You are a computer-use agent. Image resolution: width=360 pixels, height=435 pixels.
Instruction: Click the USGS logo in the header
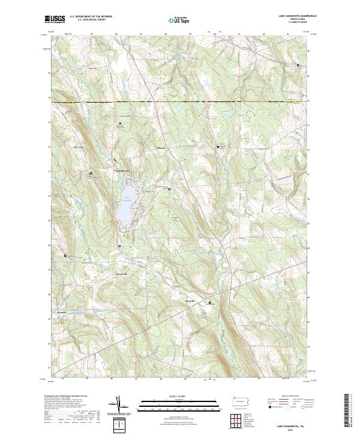pyautogui.click(x=55, y=19)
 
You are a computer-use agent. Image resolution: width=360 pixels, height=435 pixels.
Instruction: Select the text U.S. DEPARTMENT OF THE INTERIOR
pyautogui.click(x=91, y=16)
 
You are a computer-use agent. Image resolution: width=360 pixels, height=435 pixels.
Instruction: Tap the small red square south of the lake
pyautogui.click(x=119, y=246)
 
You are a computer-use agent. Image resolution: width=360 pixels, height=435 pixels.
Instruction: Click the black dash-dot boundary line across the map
pyautogui.click(x=180, y=102)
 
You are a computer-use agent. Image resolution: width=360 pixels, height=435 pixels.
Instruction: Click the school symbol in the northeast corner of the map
pyautogui.click(x=299, y=64)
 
